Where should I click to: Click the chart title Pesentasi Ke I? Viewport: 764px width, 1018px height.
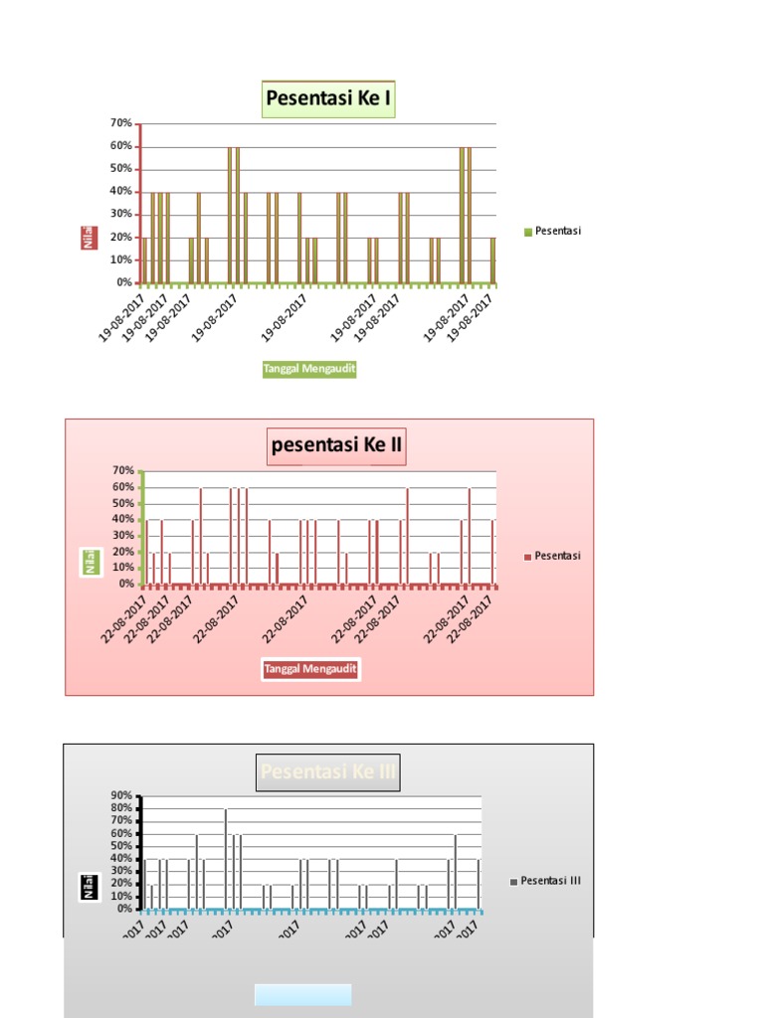coord(328,99)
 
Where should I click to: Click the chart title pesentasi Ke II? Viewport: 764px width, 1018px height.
coord(337,445)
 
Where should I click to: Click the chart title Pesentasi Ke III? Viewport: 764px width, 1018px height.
coord(328,772)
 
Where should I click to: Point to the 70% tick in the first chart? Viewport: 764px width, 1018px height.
coord(121,123)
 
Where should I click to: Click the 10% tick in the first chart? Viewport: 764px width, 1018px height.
coord(121,259)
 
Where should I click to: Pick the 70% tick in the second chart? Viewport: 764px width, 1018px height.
coord(123,470)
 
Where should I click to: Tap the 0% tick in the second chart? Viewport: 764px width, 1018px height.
coord(126,584)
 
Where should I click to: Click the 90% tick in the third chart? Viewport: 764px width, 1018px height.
coord(121,795)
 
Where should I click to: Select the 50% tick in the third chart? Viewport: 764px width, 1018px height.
coord(121,846)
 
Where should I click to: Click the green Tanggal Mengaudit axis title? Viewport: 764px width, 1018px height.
coord(309,369)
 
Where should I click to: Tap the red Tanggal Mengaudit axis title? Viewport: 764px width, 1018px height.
coord(309,669)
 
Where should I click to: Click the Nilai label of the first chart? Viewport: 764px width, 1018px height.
coord(90,237)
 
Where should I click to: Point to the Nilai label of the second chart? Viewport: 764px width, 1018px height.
coord(90,562)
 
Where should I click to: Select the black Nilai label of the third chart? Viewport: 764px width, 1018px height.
coord(90,886)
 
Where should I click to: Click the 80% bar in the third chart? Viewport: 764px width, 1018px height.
coord(226,859)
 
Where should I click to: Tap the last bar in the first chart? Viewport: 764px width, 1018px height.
coord(492,260)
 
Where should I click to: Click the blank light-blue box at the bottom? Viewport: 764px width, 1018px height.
coord(302,994)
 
